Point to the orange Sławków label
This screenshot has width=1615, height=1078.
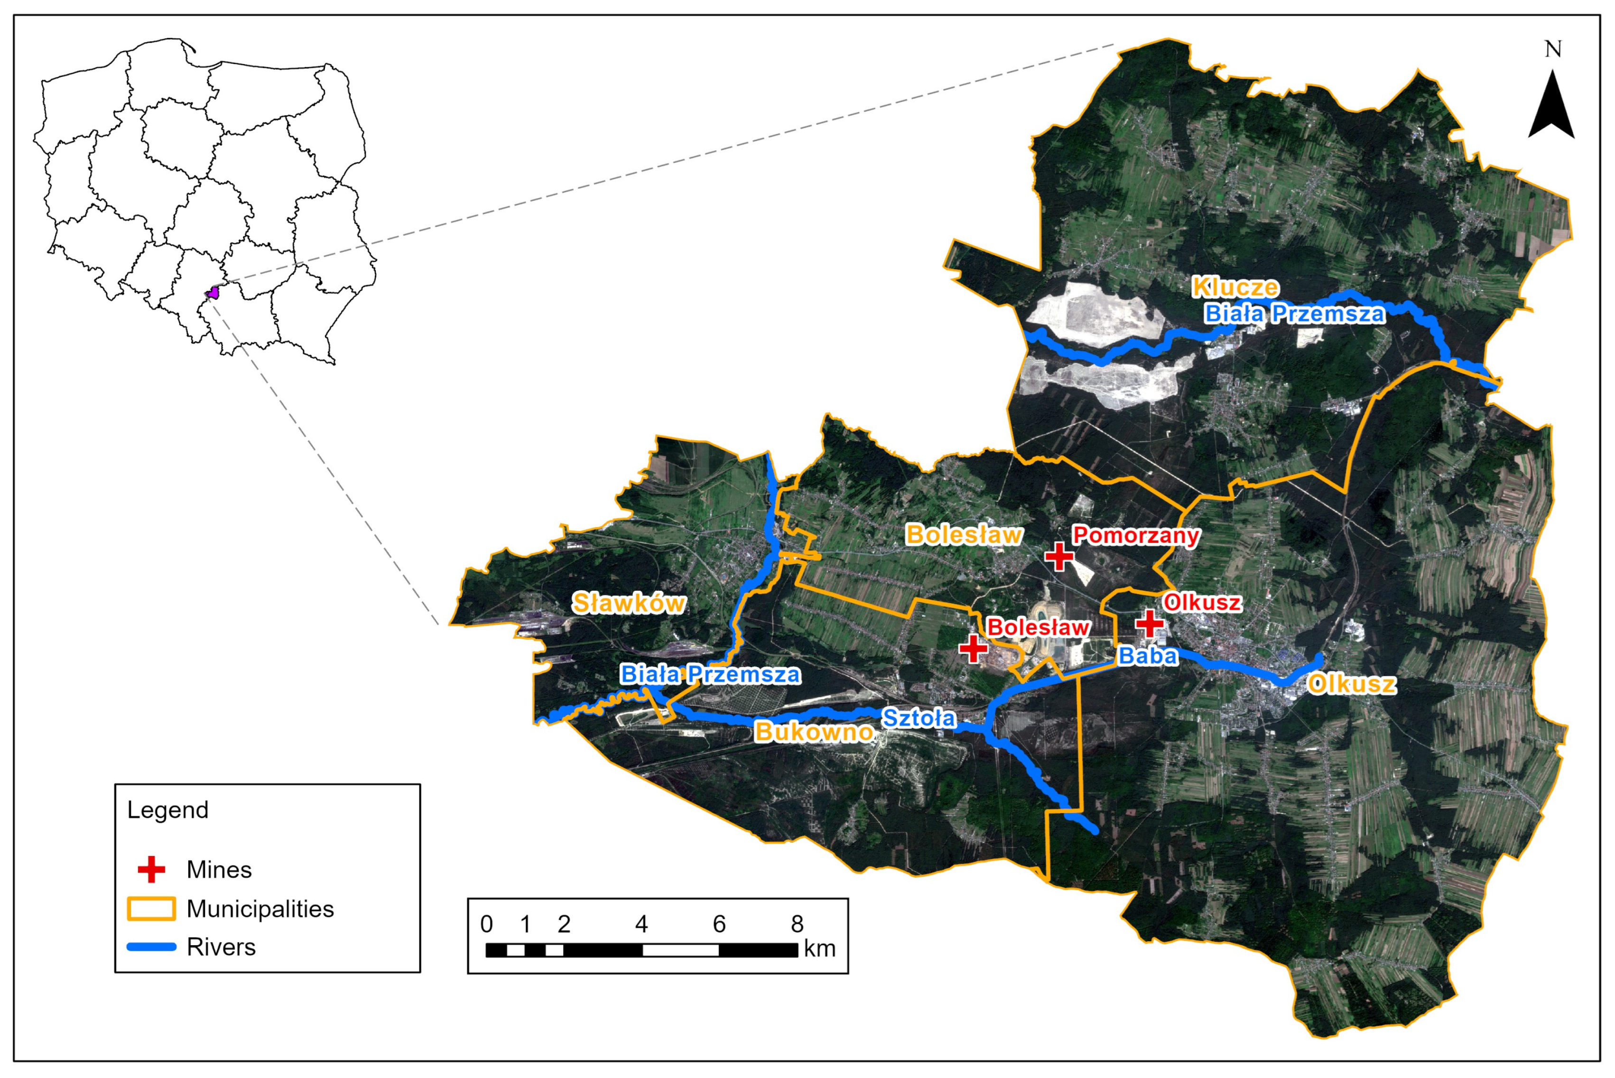tap(629, 603)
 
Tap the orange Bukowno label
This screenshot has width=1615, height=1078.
tap(814, 732)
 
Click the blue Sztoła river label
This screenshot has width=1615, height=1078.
tap(919, 718)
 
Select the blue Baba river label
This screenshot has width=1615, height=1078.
tap(1148, 656)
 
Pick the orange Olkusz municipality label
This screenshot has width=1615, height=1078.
tap(1352, 684)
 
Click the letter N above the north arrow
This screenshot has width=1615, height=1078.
tap(1552, 49)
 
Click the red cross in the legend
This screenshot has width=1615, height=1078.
tap(151, 870)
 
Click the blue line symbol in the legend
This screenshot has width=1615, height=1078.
tap(151, 948)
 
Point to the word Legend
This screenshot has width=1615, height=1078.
tap(168, 810)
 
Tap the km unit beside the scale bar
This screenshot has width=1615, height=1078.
tap(819, 949)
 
